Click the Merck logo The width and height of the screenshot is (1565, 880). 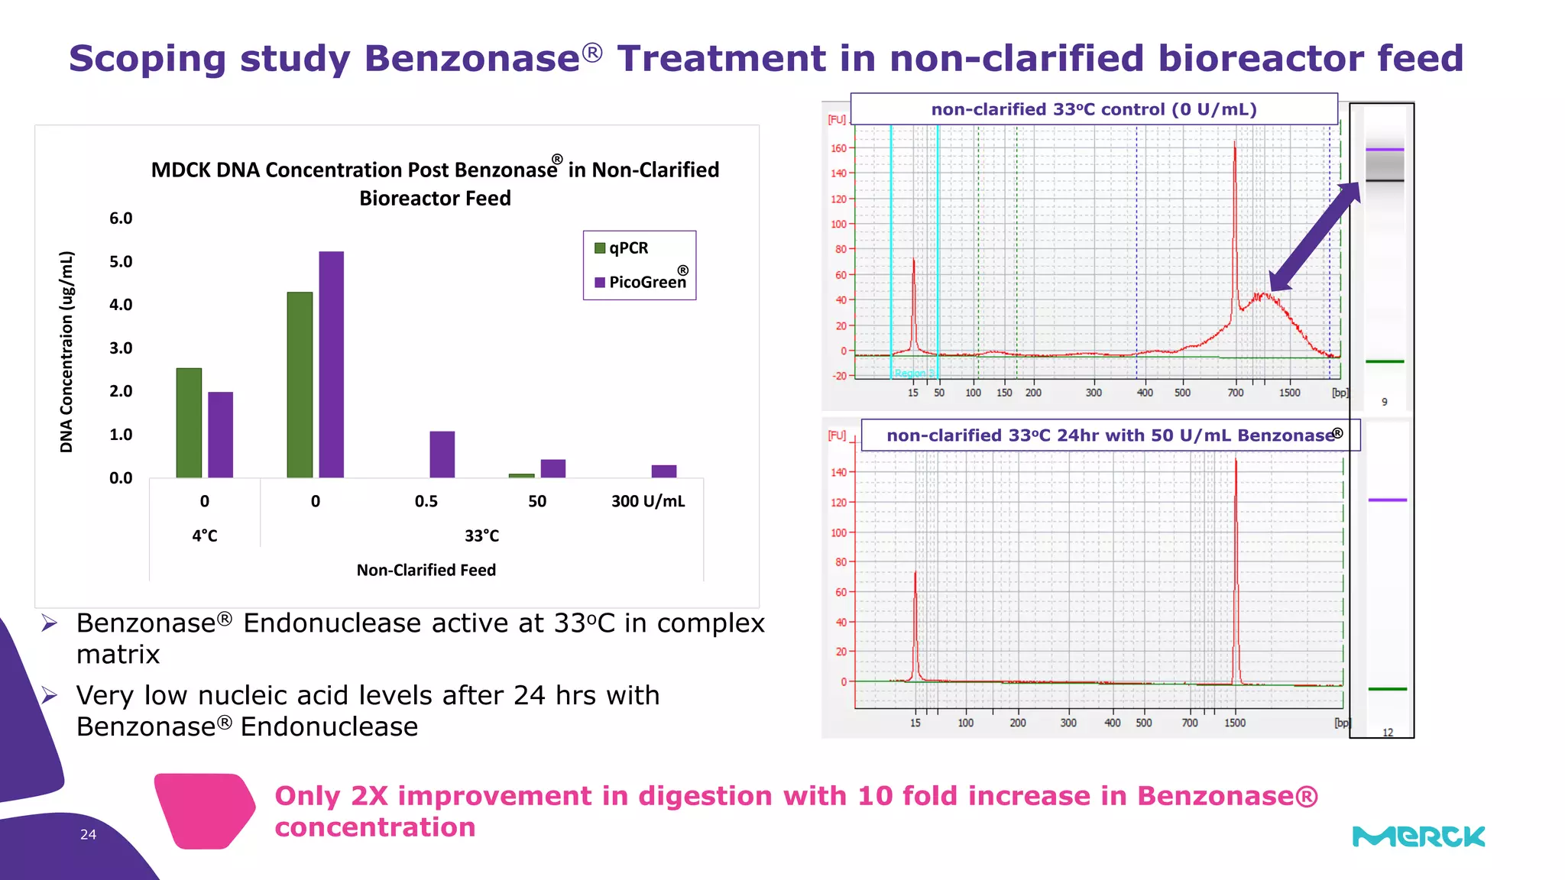pyautogui.click(x=1418, y=836)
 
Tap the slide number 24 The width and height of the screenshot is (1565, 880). pyautogui.click(x=88, y=834)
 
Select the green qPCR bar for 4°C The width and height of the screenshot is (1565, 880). pyautogui.click(x=189, y=423)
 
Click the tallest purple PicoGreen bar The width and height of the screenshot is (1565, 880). pyautogui.click(x=331, y=364)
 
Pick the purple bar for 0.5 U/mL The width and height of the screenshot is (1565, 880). pyautogui.click(x=442, y=455)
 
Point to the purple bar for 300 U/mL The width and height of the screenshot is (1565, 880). pyautogui.click(x=663, y=471)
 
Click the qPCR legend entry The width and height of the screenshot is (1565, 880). pyautogui.click(x=621, y=248)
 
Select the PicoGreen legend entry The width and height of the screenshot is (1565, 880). pyautogui.click(x=640, y=282)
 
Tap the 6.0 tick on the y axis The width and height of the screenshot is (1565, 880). pyautogui.click(x=121, y=218)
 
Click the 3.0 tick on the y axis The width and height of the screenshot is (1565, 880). pyautogui.click(x=121, y=348)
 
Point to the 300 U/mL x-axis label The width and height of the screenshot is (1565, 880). pyautogui.click(x=648, y=501)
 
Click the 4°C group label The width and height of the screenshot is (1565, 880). pyautogui.click(x=205, y=535)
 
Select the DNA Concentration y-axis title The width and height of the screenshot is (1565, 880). pyautogui.click(x=67, y=351)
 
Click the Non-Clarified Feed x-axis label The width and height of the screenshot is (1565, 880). pyautogui.click(x=426, y=570)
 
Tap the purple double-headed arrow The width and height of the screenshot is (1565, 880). pyautogui.click(x=1314, y=237)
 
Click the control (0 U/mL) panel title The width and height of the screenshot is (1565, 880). pyautogui.click(x=1094, y=109)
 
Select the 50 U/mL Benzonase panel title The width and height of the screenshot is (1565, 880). pyautogui.click(x=1110, y=435)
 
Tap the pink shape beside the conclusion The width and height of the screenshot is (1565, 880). pyautogui.click(x=204, y=810)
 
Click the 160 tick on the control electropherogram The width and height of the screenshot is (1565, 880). pyautogui.click(x=838, y=148)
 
